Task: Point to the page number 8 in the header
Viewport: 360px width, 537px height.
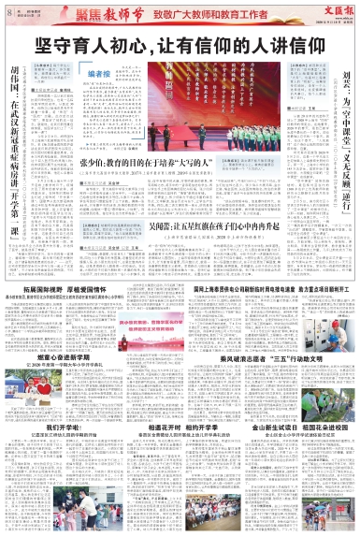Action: (x=9, y=11)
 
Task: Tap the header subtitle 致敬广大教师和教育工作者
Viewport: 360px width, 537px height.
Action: (x=198, y=14)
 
